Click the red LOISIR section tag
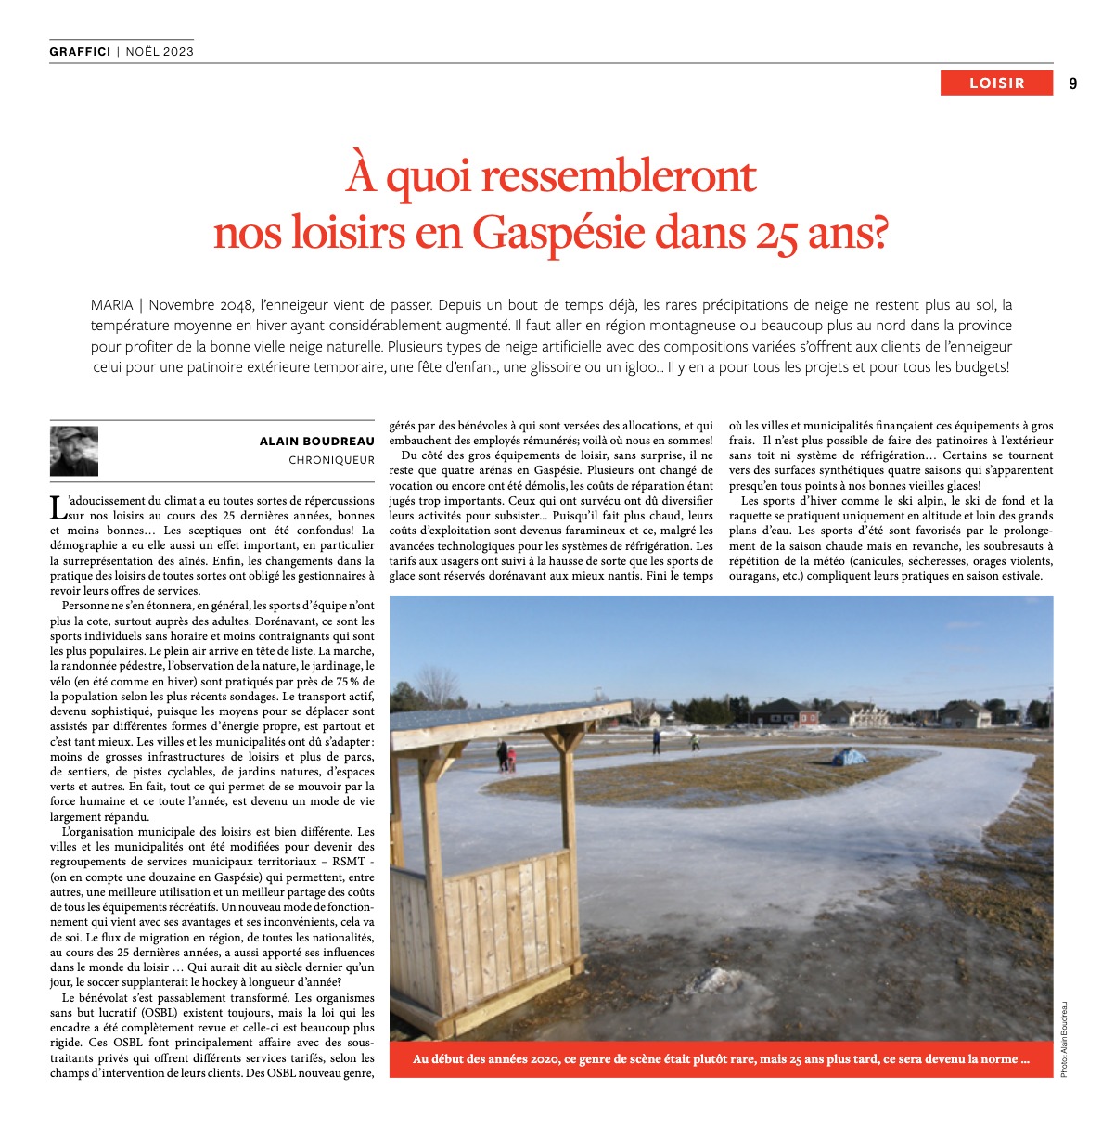pos(996,83)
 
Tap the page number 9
pos(1072,83)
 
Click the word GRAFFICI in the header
pos(80,51)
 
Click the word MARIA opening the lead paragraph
pos(111,304)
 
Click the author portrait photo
pos(74,450)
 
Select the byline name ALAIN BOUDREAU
pos(317,442)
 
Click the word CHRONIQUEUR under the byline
pos(331,460)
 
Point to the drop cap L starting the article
pos(58,506)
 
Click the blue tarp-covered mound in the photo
pos(847,757)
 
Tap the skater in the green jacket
pos(694,741)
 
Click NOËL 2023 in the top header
pos(160,51)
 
